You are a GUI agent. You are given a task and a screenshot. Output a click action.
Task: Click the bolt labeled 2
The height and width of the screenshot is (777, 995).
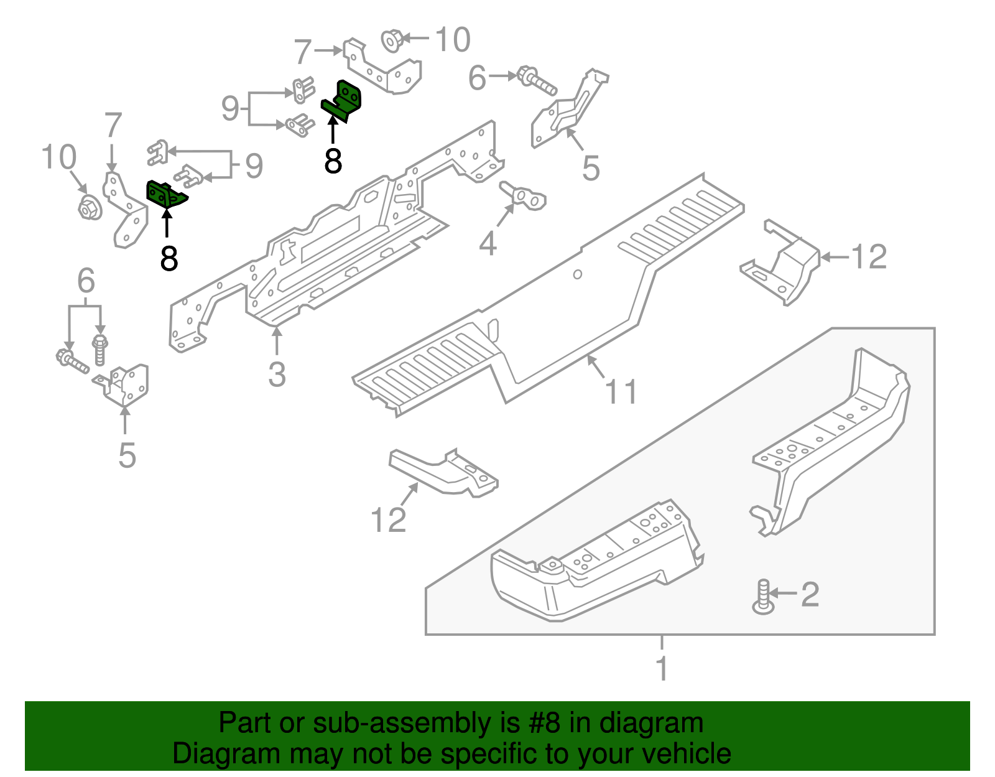click(763, 597)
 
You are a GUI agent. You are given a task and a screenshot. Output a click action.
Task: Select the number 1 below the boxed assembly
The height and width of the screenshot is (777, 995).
click(662, 668)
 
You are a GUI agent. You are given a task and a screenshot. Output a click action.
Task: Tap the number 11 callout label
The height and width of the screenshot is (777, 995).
click(621, 392)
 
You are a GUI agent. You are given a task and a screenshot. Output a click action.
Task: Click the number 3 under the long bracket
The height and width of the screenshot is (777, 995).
click(277, 375)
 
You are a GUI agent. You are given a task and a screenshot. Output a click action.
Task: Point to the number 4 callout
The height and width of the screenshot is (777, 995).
click(488, 243)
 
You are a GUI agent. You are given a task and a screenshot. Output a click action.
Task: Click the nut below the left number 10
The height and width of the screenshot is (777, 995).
click(90, 208)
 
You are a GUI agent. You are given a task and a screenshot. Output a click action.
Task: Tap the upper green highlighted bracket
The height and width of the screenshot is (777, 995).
click(344, 101)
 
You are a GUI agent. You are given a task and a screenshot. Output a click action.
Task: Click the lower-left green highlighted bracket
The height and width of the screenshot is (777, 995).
click(165, 194)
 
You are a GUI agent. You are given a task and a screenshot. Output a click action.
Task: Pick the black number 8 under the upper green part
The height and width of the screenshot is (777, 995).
click(333, 161)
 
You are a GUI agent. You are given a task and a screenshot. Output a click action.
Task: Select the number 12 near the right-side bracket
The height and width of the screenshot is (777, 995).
click(868, 256)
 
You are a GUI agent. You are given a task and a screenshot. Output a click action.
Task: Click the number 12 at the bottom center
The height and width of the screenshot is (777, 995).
click(388, 519)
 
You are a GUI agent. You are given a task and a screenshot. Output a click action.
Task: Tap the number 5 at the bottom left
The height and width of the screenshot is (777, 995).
click(127, 455)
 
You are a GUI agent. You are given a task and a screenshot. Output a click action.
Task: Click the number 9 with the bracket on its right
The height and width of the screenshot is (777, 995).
click(231, 109)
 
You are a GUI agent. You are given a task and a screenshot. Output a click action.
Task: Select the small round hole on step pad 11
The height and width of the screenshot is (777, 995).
click(577, 274)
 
